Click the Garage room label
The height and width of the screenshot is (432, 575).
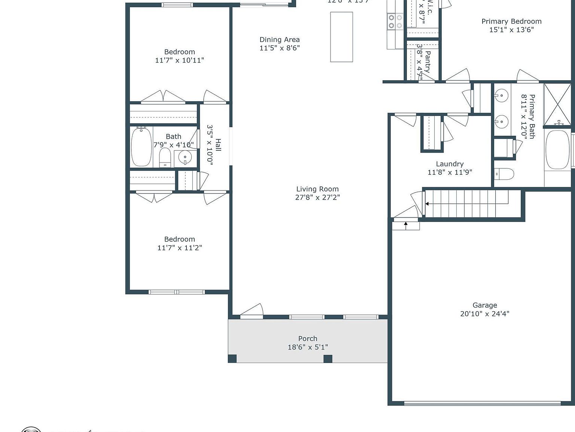pos(484,305)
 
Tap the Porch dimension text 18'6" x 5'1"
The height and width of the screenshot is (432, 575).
pos(308,347)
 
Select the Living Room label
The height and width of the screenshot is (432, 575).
pos(317,189)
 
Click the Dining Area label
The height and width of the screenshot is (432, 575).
pos(280,39)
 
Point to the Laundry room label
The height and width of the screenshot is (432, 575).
pos(450,164)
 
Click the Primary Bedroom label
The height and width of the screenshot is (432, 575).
pos(511,21)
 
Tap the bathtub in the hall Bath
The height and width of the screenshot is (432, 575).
pos(141,147)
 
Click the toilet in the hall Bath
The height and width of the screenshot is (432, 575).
pos(165,157)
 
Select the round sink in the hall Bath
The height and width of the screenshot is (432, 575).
pos(185,157)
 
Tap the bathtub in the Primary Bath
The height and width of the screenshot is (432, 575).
pos(558,149)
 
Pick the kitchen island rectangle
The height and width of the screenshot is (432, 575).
pos(341,37)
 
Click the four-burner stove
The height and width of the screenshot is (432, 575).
pos(395,21)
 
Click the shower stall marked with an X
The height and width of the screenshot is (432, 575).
pos(557,104)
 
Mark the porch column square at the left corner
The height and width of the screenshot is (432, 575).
pos(232,358)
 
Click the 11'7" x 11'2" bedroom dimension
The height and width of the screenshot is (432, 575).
pos(180,247)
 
